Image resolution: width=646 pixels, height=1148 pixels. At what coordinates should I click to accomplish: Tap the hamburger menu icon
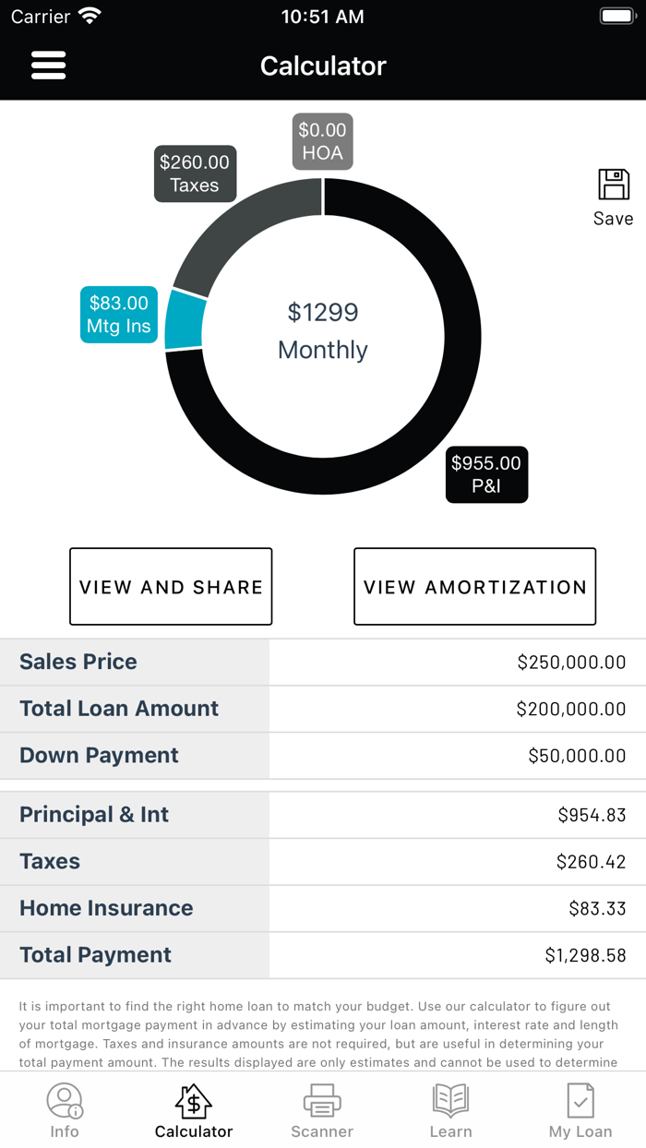[48, 66]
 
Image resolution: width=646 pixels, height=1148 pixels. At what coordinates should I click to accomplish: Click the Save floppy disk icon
[614, 185]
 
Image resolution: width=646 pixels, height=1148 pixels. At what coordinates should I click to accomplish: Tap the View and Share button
[171, 587]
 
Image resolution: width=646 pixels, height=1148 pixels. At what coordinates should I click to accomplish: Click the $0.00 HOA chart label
[322, 141]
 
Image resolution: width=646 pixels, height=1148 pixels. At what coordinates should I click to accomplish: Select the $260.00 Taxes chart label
[195, 173]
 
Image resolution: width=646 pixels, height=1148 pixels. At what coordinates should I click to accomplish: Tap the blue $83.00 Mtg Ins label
[118, 315]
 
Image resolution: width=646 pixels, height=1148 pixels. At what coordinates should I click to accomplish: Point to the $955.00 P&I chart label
[486, 474]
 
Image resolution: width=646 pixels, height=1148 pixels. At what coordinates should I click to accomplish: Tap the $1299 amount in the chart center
[322, 313]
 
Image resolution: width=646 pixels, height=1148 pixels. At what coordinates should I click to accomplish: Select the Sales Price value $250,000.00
[571, 662]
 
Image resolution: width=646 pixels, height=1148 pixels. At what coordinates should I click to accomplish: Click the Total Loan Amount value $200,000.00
[571, 709]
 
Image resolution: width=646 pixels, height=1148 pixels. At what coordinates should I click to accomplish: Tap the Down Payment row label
[100, 755]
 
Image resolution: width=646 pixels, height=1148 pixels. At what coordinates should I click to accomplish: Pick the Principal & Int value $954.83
[592, 815]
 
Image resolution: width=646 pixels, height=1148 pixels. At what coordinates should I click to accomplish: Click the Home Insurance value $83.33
[597, 908]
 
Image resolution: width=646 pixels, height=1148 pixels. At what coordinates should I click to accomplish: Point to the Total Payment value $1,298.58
[585, 955]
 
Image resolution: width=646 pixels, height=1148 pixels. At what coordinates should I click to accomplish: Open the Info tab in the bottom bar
[65, 1111]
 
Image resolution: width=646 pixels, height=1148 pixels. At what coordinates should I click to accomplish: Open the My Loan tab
[580, 1111]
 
